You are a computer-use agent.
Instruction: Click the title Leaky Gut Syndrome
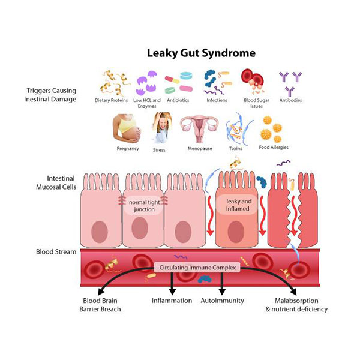click(201, 53)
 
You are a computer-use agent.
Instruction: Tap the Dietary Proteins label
click(111, 100)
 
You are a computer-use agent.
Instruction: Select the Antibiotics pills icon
click(178, 83)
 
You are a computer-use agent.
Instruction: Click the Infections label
click(217, 100)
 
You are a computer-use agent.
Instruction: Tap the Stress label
click(159, 149)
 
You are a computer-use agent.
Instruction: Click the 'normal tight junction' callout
click(143, 206)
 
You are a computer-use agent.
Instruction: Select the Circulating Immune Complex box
click(197, 267)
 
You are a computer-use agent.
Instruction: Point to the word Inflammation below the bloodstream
click(172, 300)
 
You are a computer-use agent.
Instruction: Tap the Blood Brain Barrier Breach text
click(101, 304)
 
